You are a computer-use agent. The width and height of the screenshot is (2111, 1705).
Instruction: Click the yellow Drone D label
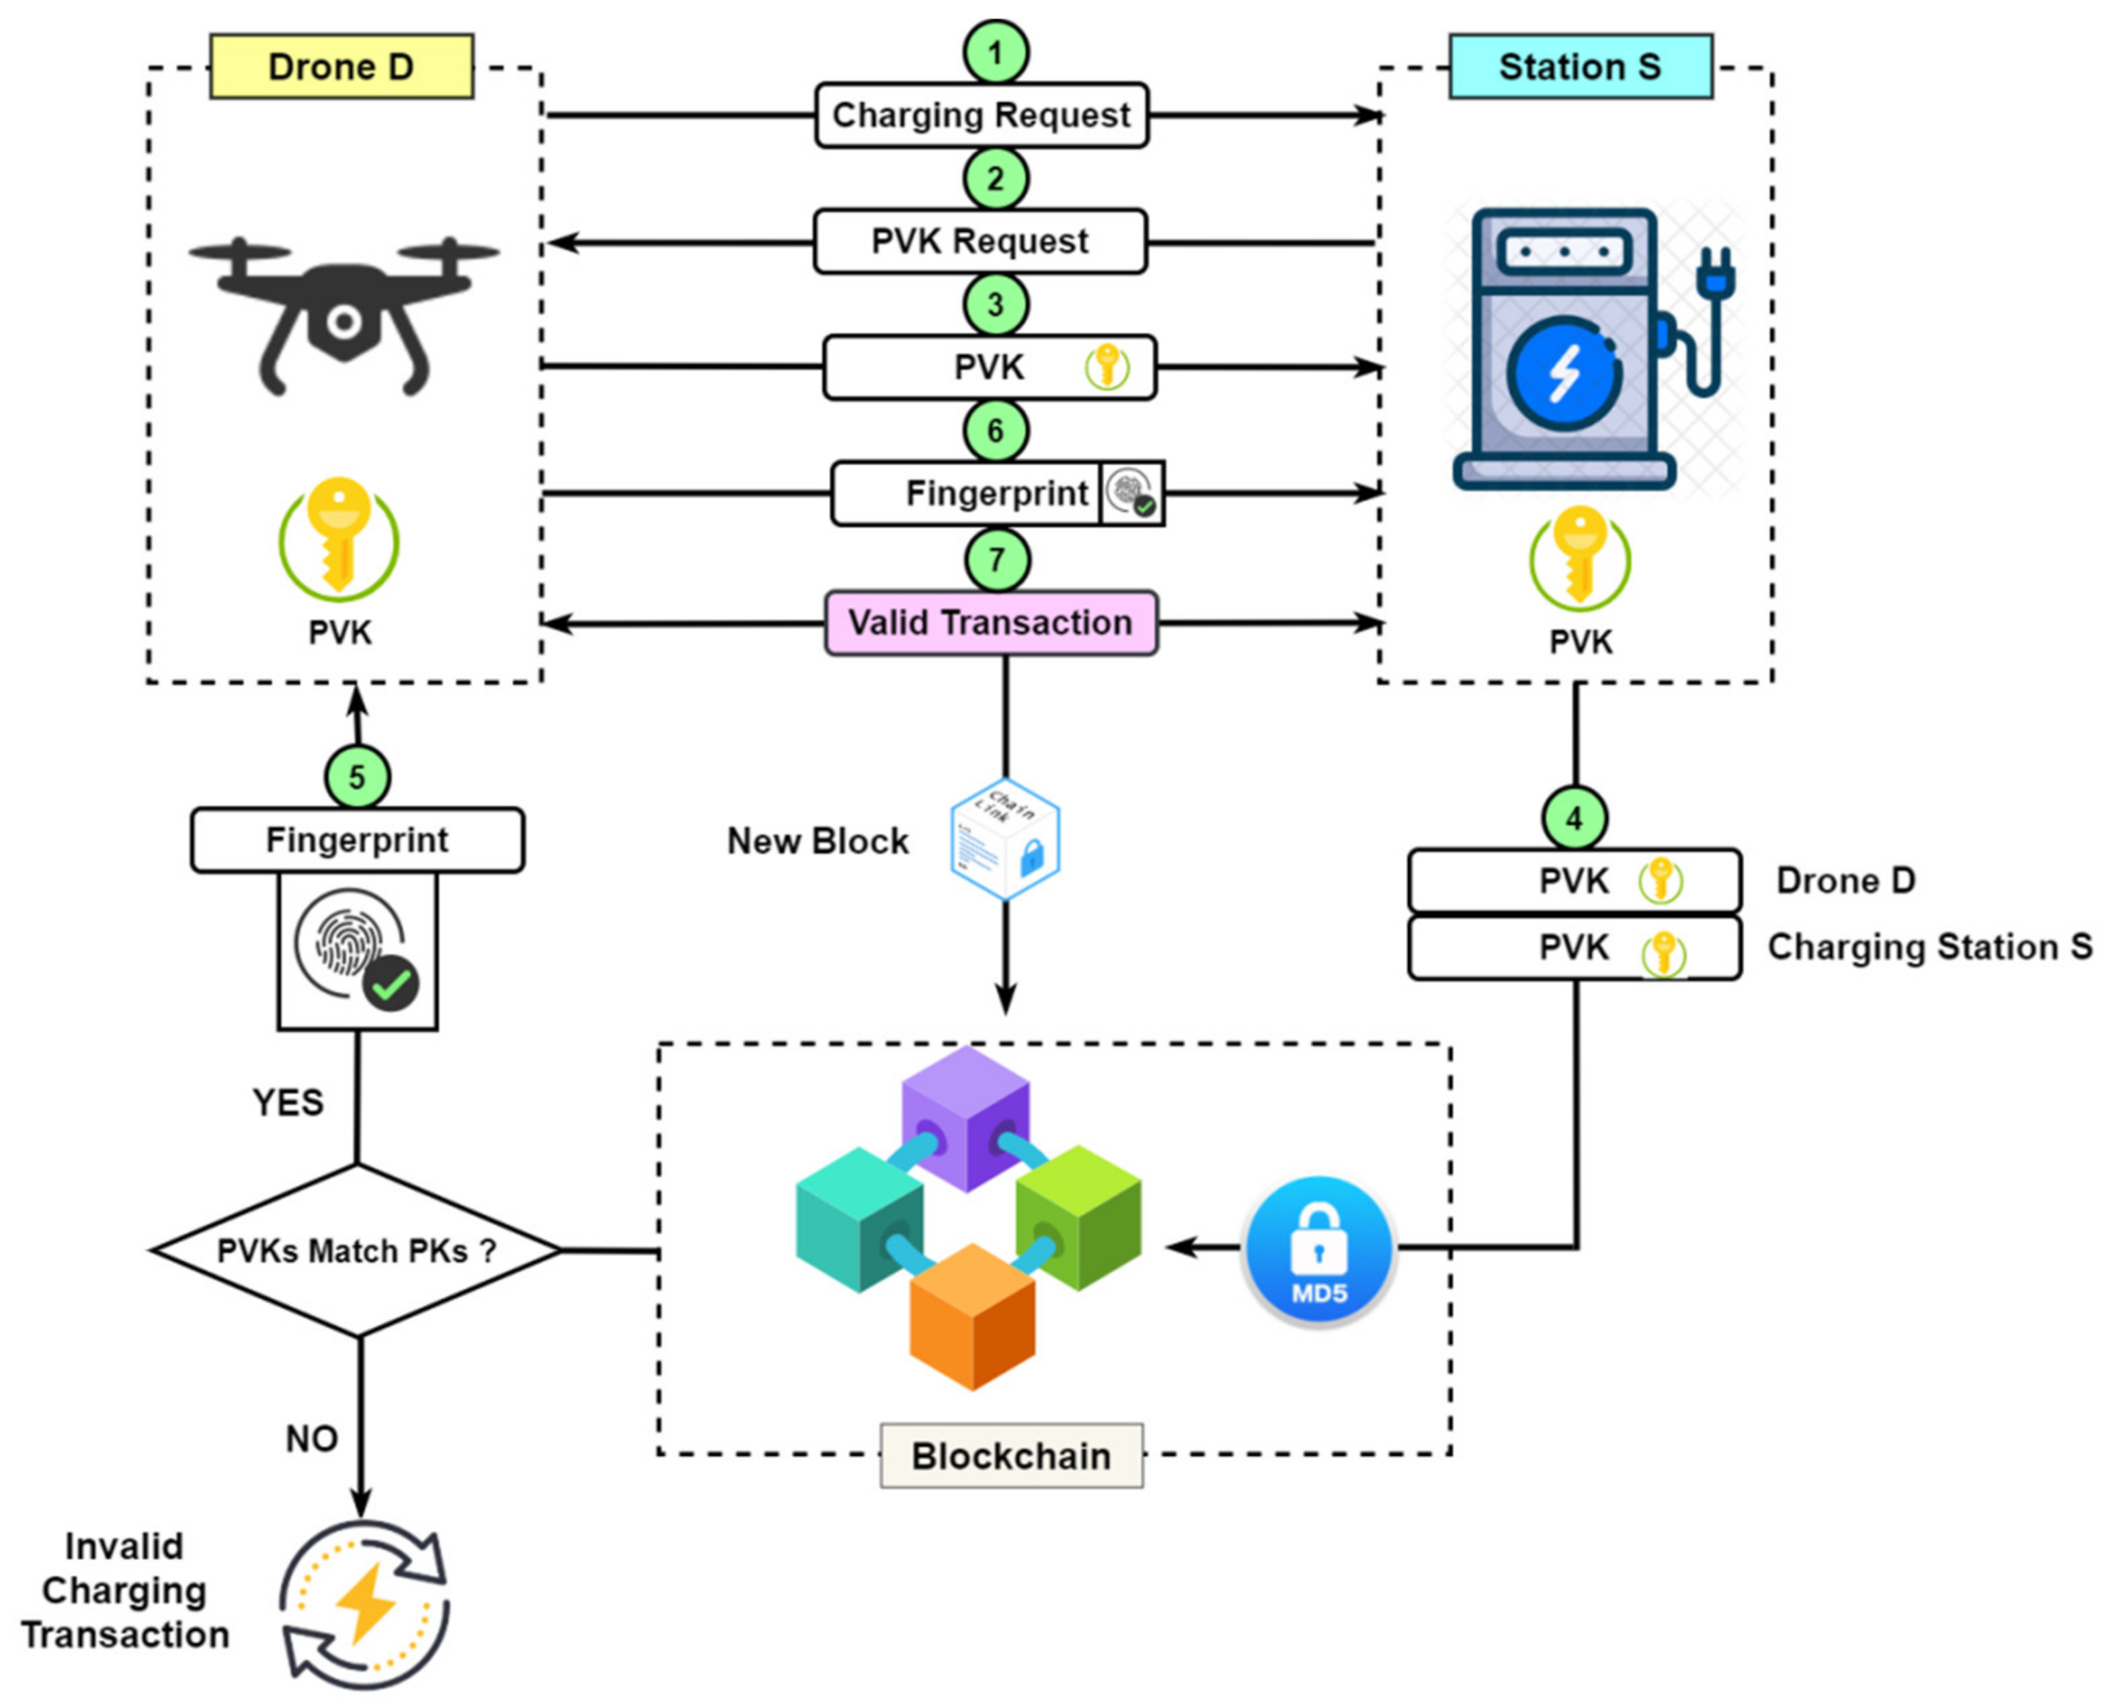[x=342, y=67]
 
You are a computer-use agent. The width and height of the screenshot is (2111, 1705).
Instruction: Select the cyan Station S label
[x=1580, y=67]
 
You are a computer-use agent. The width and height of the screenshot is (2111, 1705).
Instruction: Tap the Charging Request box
[x=981, y=115]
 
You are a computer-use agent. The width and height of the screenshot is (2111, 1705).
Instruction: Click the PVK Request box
[x=980, y=241]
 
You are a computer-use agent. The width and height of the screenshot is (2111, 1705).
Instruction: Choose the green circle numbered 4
[x=1574, y=818]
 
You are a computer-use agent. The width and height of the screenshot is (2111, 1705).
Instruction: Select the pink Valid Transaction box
[x=991, y=623]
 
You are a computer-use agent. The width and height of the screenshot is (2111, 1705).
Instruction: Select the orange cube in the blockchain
[x=972, y=1316]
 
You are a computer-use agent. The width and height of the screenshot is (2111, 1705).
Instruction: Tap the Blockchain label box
[x=1011, y=1456]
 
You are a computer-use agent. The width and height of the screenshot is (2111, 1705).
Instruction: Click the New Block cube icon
[x=1006, y=840]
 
